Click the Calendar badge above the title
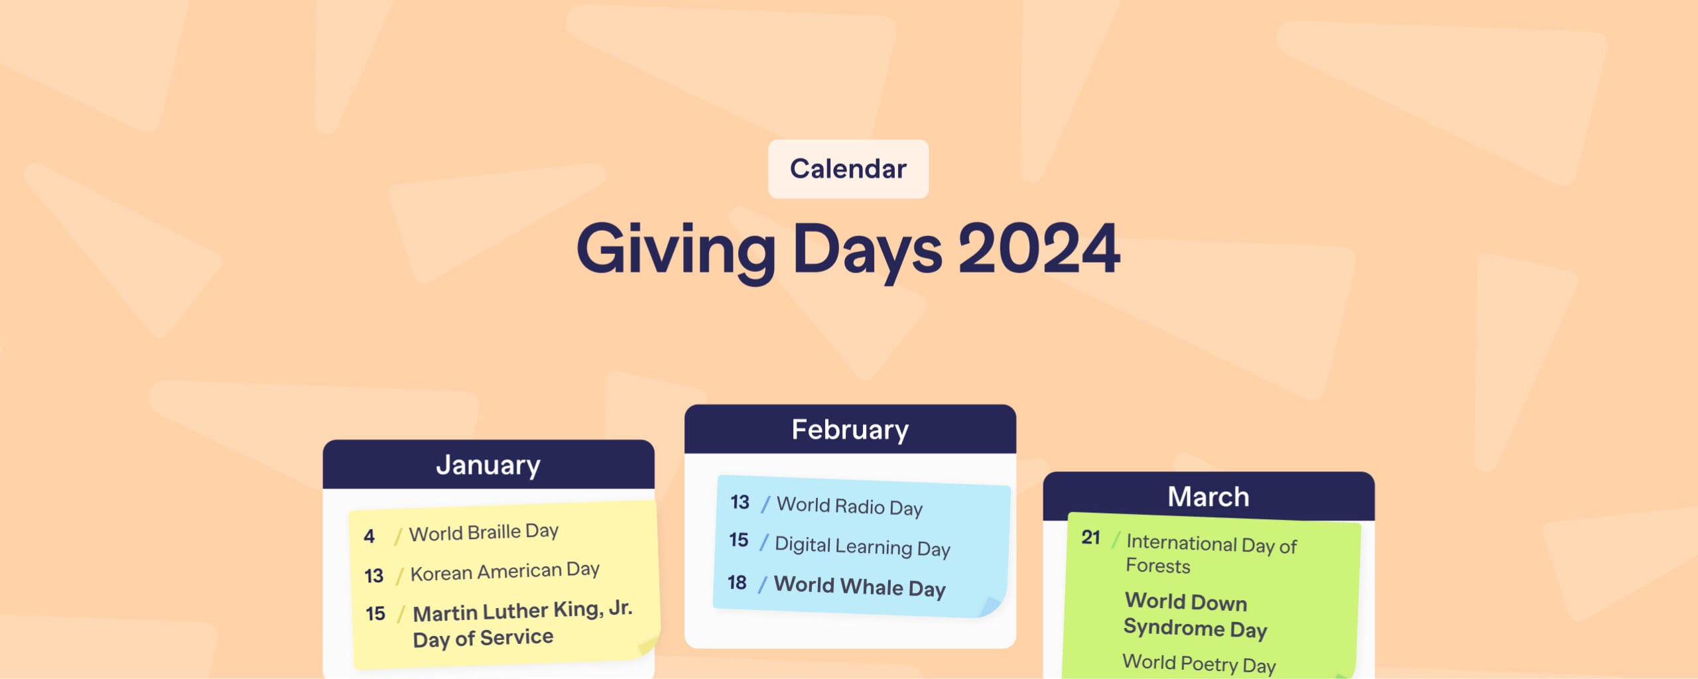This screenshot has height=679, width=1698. (848, 169)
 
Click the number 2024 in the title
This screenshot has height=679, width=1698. (1039, 249)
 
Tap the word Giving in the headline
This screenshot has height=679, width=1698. (676, 251)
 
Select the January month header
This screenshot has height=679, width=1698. (488, 465)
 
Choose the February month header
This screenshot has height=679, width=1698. (850, 430)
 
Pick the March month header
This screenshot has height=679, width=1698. (1208, 497)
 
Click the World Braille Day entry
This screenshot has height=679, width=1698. (484, 532)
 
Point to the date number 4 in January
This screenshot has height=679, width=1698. (369, 536)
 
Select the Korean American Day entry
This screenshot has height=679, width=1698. (505, 571)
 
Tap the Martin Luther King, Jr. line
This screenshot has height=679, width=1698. (522, 610)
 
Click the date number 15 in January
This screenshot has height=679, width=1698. (375, 613)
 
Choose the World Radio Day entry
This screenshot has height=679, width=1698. (849, 506)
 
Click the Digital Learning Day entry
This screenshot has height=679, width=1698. (862, 546)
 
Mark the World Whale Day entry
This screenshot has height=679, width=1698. (860, 587)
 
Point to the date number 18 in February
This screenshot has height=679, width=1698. (737, 583)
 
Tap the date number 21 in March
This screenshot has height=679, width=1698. (1091, 537)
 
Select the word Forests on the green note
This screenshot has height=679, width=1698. (1157, 566)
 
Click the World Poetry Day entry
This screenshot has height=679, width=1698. (1199, 663)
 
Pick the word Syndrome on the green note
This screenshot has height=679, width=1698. (1174, 627)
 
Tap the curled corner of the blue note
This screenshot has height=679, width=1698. (991, 606)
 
